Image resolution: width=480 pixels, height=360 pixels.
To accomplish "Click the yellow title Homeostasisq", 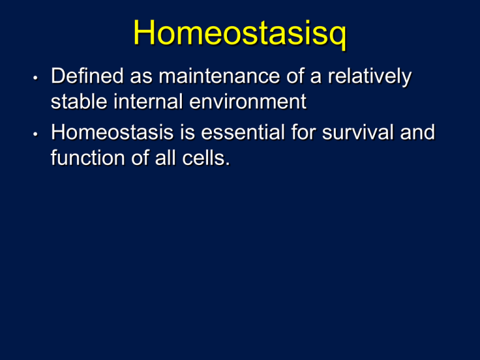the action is [240, 33].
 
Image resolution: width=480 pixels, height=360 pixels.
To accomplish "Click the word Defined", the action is [87, 76].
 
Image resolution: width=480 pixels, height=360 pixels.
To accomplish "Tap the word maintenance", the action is [219, 76].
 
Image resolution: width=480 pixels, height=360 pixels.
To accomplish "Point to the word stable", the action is [79, 101].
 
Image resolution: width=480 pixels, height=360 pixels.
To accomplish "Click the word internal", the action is [149, 101].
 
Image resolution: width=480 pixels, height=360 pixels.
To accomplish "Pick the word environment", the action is [248, 101].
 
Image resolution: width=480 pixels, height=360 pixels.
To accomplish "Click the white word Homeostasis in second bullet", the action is [112, 132].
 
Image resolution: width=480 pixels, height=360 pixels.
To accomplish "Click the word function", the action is [88, 158].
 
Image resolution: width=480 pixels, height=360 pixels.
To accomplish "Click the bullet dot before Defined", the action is [36, 77].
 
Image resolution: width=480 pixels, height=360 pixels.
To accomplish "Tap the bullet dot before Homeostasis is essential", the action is [36, 134].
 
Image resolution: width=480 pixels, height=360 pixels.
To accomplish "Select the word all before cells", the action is [165, 158].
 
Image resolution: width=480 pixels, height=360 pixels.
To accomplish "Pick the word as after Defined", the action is [141, 77].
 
